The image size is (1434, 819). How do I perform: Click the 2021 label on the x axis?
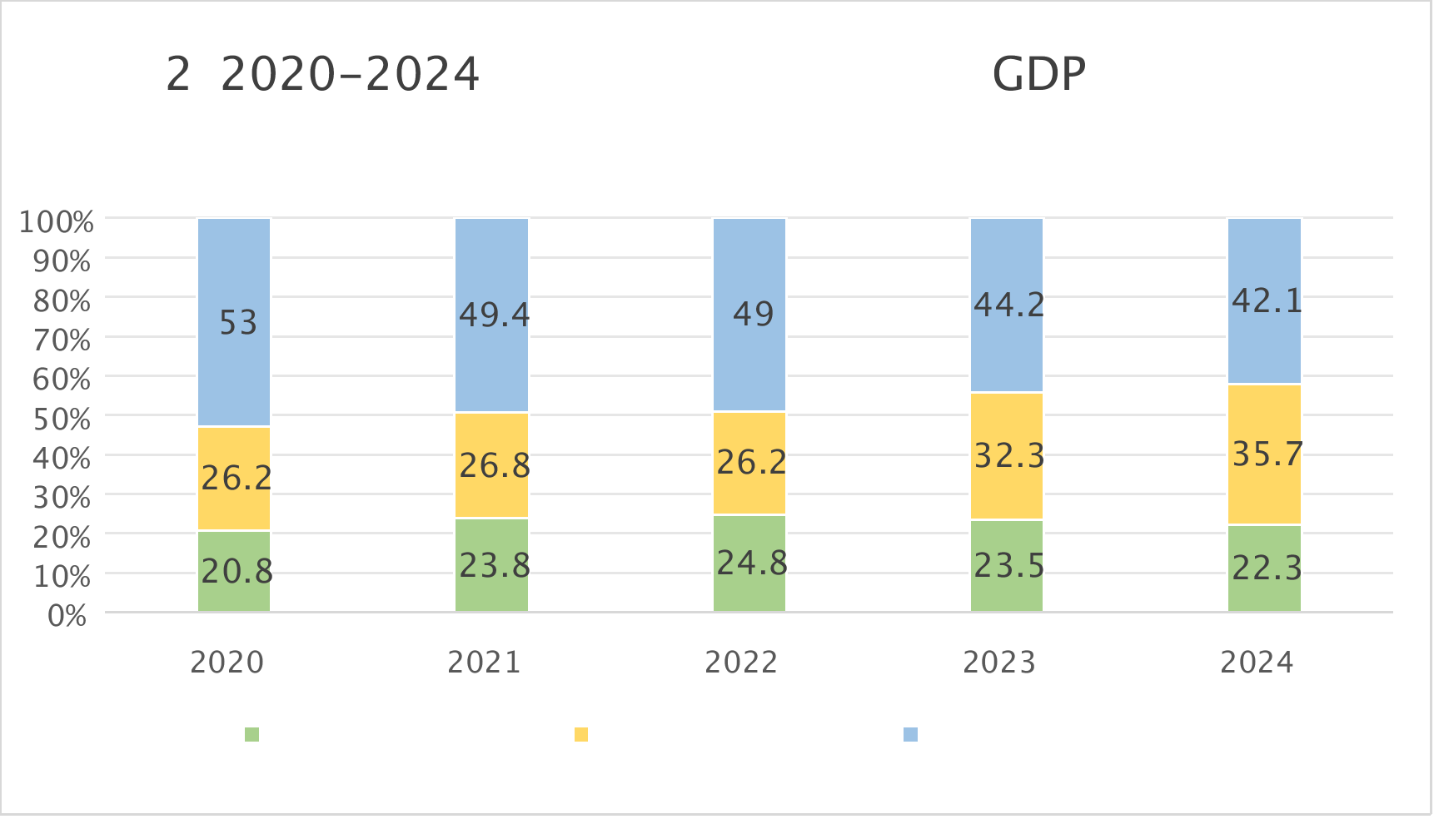pos(484,663)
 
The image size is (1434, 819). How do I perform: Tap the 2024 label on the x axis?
pos(1257,663)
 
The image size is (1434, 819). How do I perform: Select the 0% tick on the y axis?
pos(67,616)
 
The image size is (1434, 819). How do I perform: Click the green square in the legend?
pos(251,734)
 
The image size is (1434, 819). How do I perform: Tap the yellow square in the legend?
pos(581,734)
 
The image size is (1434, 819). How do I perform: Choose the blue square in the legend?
pos(910,734)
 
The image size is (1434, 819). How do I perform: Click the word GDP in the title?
pos(1038,75)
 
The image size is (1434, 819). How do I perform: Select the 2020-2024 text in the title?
pos(350,75)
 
